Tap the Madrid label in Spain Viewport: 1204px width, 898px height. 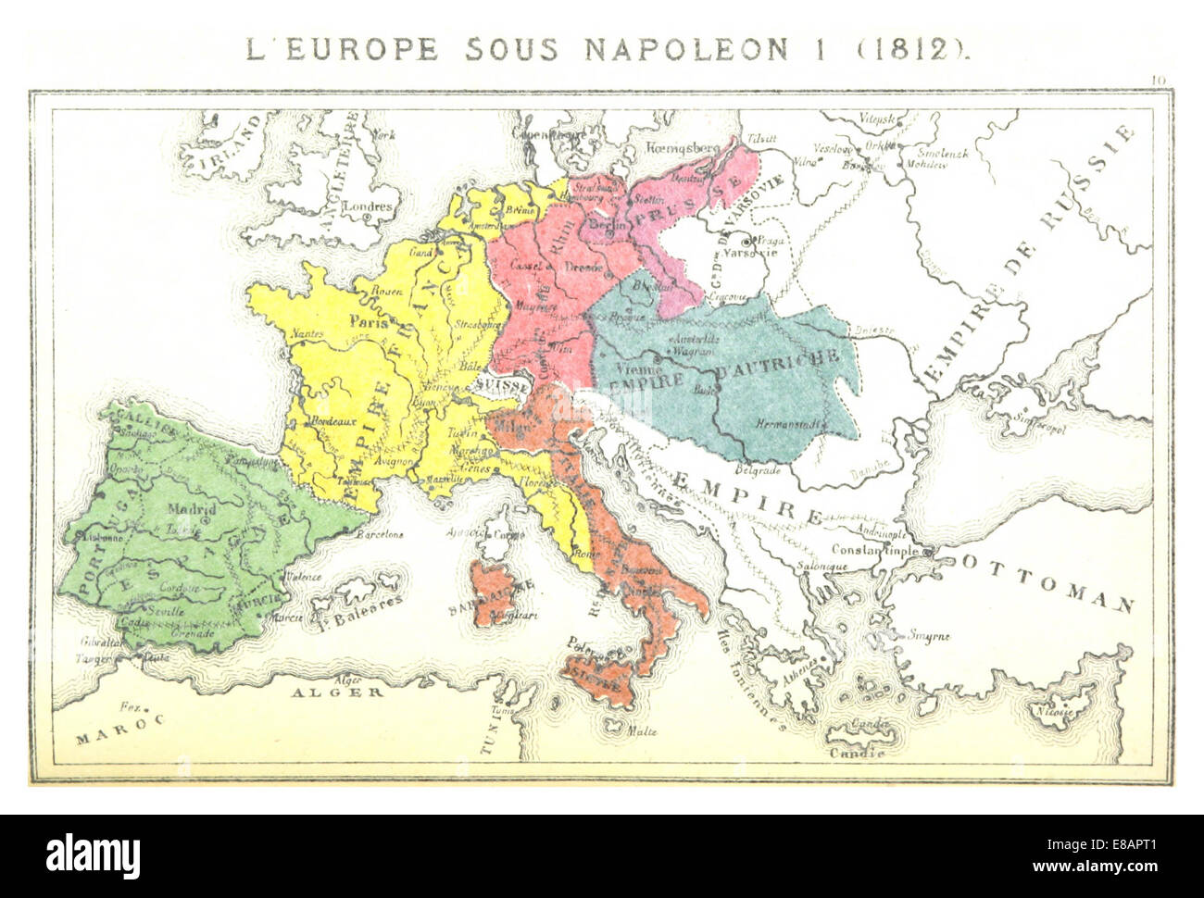192,510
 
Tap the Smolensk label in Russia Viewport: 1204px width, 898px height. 943,154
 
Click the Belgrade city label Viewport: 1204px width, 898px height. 759,469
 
